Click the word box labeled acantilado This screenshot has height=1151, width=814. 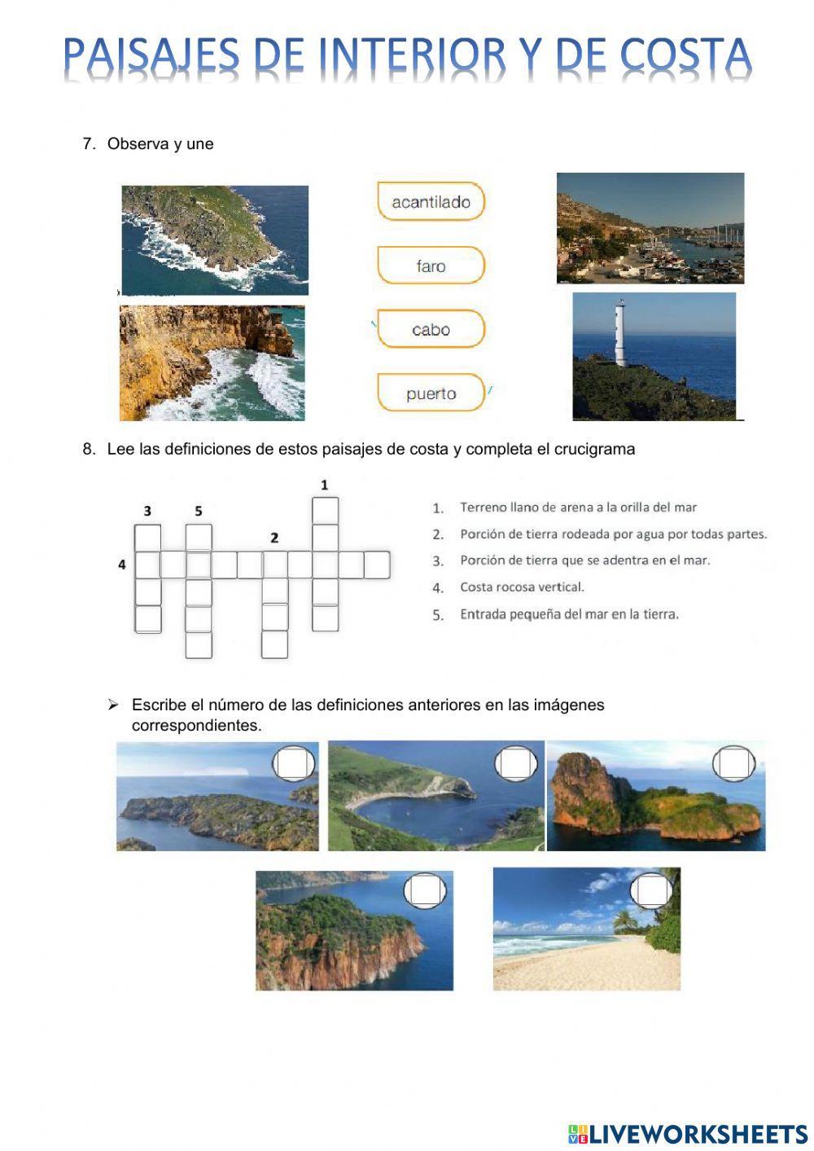(431, 202)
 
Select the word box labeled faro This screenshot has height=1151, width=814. (431, 266)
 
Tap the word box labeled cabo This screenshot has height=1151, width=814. (431, 329)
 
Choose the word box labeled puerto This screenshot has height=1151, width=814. (431, 393)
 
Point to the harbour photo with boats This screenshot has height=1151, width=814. (650, 228)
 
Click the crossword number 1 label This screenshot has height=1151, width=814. (324, 485)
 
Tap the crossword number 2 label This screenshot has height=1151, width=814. (274, 538)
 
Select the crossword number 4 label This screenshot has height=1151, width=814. (122, 564)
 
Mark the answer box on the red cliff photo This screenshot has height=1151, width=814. (426, 890)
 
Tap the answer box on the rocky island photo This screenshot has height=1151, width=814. (733, 764)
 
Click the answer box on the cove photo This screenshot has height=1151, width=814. (516, 764)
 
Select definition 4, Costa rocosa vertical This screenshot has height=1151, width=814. (522, 586)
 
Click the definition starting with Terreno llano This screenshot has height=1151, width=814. (578, 507)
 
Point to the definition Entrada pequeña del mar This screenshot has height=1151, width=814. (569, 614)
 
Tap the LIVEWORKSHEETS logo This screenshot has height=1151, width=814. (687, 1133)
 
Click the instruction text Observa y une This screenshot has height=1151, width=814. (160, 144)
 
